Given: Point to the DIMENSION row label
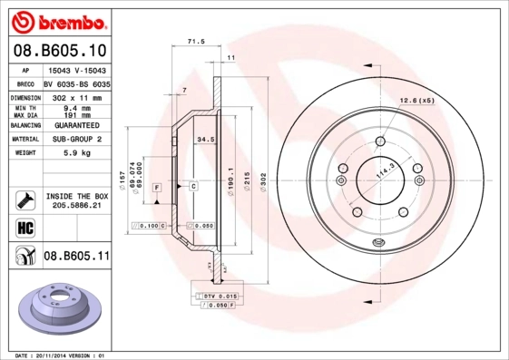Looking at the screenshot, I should coord(26,96).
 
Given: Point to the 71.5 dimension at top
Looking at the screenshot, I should coord(193,42).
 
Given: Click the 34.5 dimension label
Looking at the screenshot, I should coord(205,140).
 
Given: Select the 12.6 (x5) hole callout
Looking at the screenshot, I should coord(418,100).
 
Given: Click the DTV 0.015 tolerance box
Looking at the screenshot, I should coord(220,297).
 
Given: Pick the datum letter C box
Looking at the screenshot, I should coord(193,186).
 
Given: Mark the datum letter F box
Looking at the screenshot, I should coord(157,186).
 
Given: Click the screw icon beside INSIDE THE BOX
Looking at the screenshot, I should coord(25,199).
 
